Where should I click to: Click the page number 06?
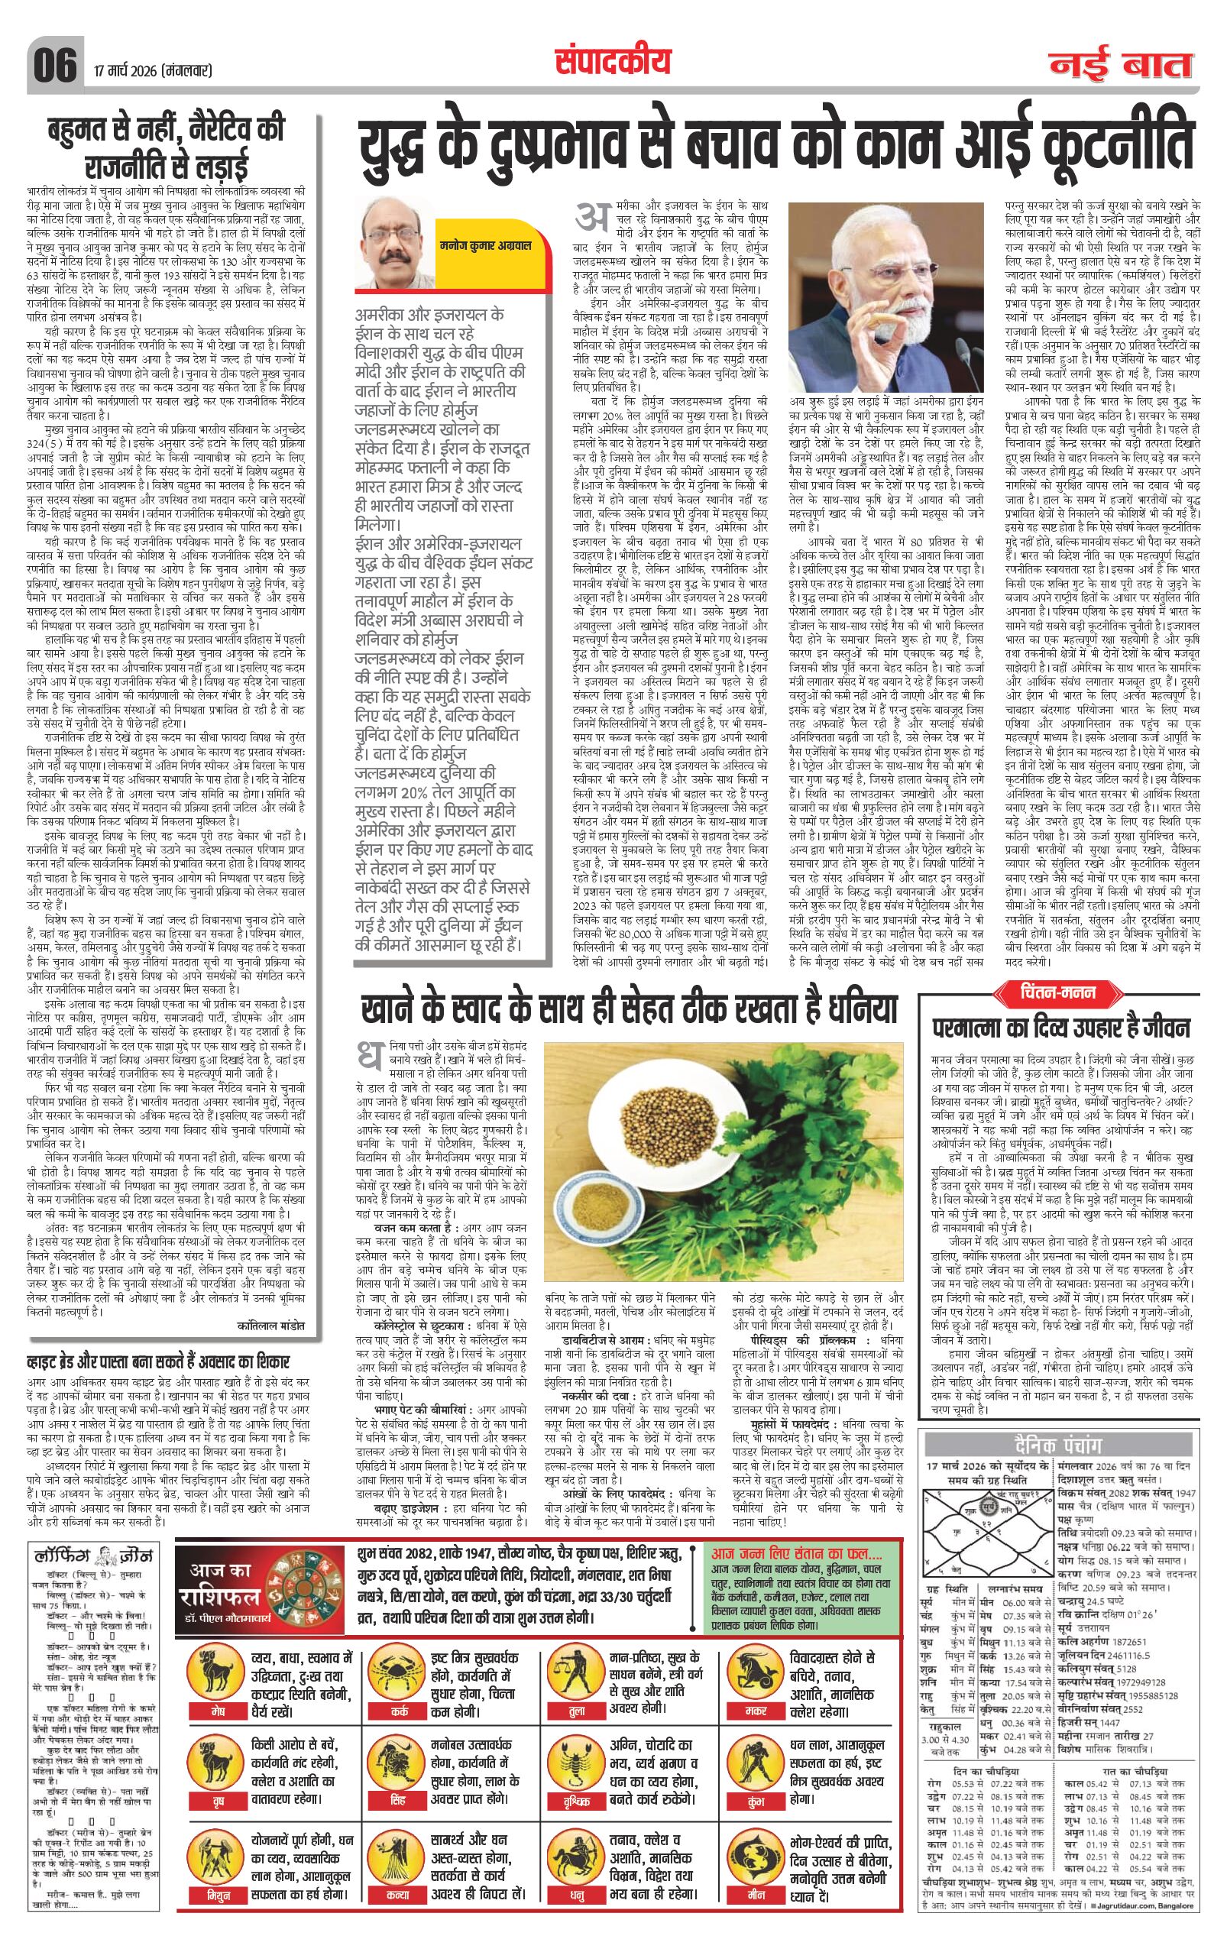click(x=55, y=64)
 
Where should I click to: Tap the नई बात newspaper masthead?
click(x=1121, y=65)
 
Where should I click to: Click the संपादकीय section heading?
click(x=613, y=60)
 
